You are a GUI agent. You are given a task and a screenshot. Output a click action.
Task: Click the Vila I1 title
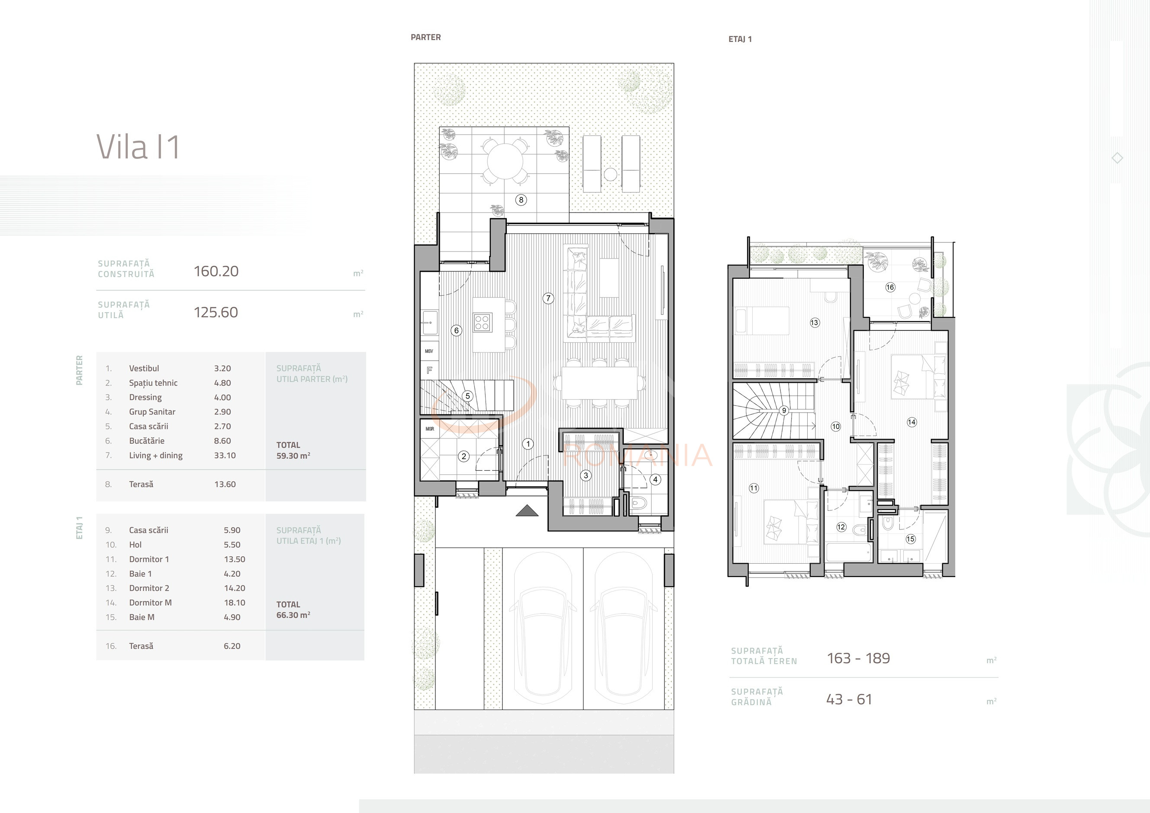(x=138, y=147)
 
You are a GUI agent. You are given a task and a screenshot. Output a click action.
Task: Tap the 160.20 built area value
(x=216, y=271)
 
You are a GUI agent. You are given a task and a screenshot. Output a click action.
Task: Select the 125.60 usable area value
(x=216, y=312)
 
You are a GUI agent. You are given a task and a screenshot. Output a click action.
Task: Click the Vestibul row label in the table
(x=144, y=368)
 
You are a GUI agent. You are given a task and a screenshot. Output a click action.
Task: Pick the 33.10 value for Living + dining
(x=225, y=455)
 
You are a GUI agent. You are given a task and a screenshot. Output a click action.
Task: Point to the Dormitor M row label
(x=150, y=603)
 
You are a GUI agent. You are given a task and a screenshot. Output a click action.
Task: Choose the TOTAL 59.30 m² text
(x=293, y=450)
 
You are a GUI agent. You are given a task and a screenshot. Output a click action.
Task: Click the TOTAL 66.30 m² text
(x=293, y=610)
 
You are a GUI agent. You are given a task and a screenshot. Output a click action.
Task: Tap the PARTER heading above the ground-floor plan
(x=426, y=37)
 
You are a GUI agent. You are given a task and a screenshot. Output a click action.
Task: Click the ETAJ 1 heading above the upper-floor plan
(x=740, y=39)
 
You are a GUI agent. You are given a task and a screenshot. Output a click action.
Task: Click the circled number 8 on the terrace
(x=521, y=200)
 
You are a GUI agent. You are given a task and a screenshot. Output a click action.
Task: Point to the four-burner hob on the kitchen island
(x=482, y=322)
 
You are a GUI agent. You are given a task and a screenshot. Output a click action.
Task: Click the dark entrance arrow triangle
(x=527, y=510)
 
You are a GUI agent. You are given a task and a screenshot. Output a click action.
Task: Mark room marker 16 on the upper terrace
(x=890, y=287)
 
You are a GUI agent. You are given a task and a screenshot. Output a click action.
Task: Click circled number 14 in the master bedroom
(x=912, y=422)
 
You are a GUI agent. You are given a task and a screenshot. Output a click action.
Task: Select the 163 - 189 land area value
(x=858, y=658)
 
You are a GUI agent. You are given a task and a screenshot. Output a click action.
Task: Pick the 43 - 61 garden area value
(x=849, y=699)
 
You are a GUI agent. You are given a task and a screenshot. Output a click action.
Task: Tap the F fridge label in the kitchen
(x=429, y=371)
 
